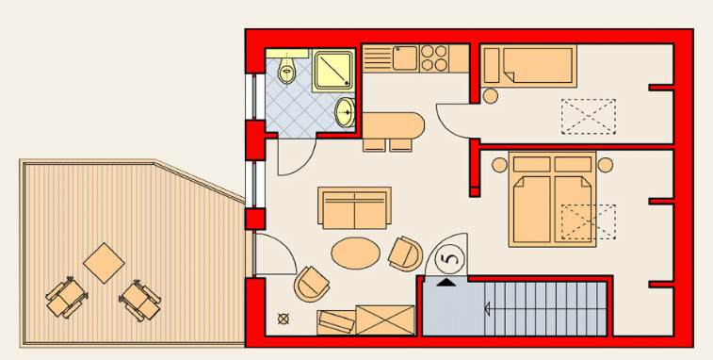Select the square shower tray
coord(333,70)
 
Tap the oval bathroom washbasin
coord(346,112)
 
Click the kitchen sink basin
coord(405,57)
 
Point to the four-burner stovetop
coord(434,57)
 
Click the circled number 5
coord(450,259)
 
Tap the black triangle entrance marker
coord(446,283)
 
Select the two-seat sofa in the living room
coord(355,208)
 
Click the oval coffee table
coord(356,254)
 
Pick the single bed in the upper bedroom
coord(529,66)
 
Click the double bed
coord(552,199)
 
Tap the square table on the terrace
coord(104,263)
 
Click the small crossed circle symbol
coord(284,319)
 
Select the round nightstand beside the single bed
coord(490,96)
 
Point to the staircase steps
coord(545,309)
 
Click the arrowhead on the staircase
coord(487,309)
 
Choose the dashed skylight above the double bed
coord(589,221)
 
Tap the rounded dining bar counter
coord(394,125)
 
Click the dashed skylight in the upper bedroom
coord(589,117)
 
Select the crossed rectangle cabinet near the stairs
coord(385,320)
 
